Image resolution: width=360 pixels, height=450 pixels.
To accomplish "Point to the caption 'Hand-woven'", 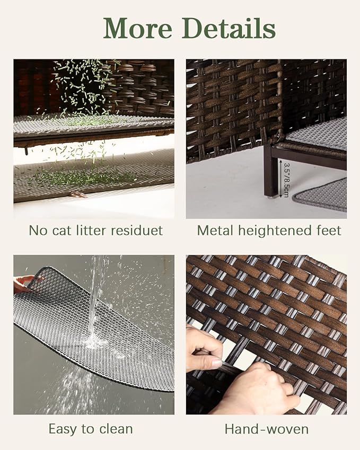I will tap(266, 428).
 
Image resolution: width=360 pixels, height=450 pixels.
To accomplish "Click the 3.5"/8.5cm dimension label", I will tap(286, 180).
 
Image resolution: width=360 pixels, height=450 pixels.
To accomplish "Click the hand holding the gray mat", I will tap(24, 284).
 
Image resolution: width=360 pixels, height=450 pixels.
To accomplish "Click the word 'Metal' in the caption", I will tap(212, 231).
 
